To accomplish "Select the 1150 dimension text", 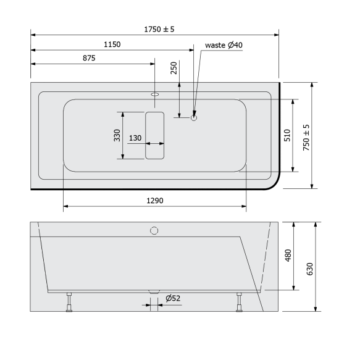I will coord(112,44).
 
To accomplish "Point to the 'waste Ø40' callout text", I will coord(224,44).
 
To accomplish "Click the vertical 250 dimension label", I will coord(174,68).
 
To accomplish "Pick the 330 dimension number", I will coord(117,135).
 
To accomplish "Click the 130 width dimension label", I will coord(135,138).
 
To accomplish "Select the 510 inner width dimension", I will coord(287,135).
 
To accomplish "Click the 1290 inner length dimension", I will coord(155,201).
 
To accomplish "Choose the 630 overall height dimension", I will coord(310,269).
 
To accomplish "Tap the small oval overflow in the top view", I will coord(154,95).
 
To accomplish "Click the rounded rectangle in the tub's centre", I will coord(155,135).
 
